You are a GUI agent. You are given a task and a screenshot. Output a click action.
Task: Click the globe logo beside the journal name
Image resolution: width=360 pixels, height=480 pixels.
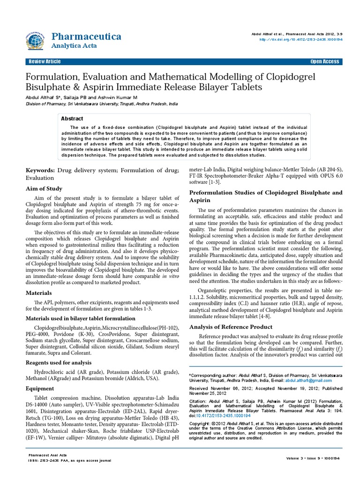click(34, 40)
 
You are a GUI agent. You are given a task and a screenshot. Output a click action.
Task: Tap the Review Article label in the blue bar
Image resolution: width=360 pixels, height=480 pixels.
click(45, 62)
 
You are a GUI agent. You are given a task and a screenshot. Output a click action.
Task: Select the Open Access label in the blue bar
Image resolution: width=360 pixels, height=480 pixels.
click(324, 62)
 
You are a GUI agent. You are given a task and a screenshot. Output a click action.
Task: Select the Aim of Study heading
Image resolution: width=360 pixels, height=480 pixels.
click(43, 188)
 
